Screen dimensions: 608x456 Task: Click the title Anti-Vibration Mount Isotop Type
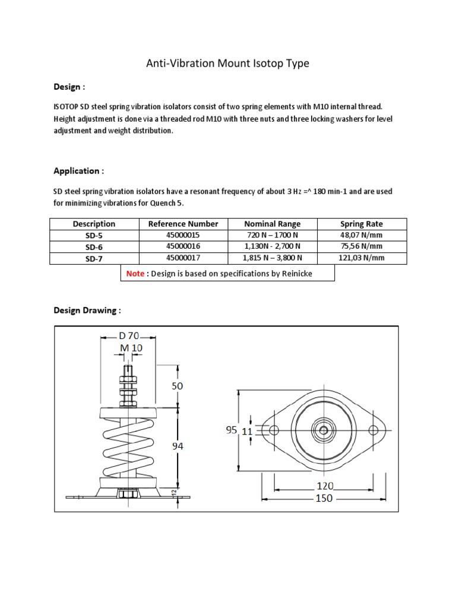[227, 64]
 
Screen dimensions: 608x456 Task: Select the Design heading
[69, 87]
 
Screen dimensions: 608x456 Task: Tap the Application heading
[78, 171]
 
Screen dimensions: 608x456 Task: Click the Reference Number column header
[183, 224]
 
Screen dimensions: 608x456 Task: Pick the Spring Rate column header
[361, 224]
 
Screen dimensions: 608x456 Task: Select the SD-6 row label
[94, 246]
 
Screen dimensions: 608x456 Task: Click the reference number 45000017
[183, 258]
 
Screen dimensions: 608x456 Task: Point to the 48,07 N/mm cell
[361, 235]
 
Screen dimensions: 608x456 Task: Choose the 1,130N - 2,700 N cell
[273, 246]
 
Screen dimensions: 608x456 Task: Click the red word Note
[135, 273]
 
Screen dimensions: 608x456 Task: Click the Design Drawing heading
[87, 311]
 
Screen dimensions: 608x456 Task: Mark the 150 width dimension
[324, 499]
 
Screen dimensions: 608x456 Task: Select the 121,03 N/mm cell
[361, 258]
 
